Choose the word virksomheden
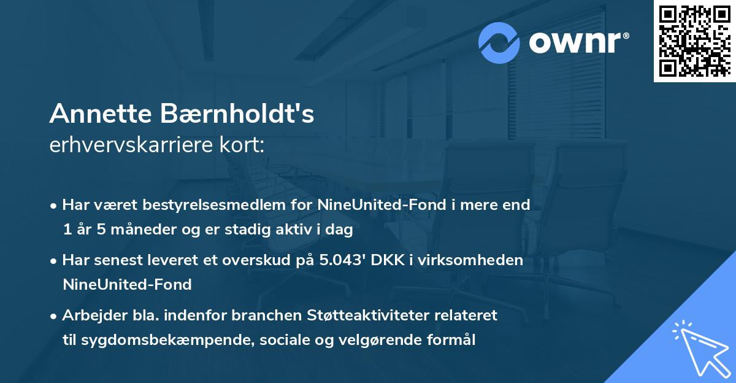coord(485,260)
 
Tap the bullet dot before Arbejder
coord(55,316)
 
